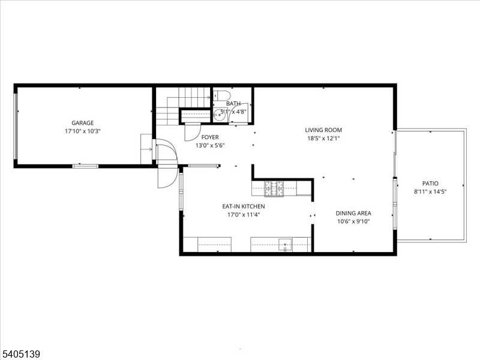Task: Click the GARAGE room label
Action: tap(83, 123)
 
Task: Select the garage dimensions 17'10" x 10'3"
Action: tap(83, 131)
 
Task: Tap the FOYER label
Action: tap(209, 137)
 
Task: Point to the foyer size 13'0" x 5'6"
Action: tap(209, 145)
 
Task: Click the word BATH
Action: tap(233, 104)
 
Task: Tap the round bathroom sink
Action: tap(220, 115)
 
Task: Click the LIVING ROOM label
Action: tap(323, 130)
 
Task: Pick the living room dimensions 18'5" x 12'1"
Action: tap(323, 138)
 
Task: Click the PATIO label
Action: tap(430, 184)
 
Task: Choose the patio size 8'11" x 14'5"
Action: tap(430, 191)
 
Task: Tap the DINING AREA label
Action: tap(353, 213)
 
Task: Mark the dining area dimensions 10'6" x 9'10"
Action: tap(353, 221)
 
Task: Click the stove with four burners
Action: tap(274, 188)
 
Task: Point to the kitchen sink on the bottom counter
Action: tap(287, 244)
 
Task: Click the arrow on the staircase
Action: tap(206, 97)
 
